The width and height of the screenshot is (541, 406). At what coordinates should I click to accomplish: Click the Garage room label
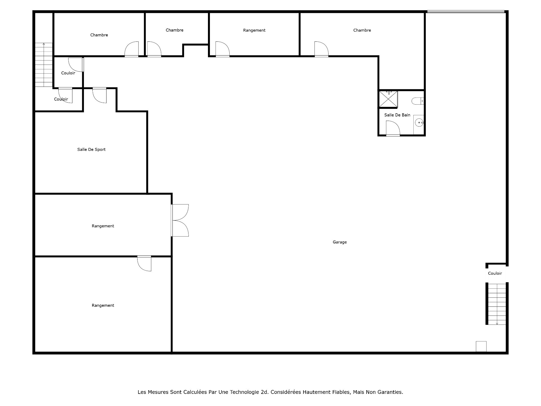pos(340,242)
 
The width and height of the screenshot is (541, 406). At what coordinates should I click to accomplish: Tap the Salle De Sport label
pos(91,149)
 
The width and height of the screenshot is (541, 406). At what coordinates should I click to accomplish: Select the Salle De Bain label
pos(397,115)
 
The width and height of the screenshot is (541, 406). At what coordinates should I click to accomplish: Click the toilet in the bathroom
pos(417,101)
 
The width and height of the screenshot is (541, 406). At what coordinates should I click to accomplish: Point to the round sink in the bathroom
pos(419,123)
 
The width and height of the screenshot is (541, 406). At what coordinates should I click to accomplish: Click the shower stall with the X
pos(388,99)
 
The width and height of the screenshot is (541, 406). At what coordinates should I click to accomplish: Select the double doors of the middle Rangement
pos(180,220)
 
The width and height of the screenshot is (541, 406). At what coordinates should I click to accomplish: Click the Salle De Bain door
pos(393,129)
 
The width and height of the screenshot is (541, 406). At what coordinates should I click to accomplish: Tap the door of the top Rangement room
pos(222,49)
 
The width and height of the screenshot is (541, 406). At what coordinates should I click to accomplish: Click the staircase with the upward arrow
pos(44,65)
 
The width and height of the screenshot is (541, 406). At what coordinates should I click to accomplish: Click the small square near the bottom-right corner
pos(481,347)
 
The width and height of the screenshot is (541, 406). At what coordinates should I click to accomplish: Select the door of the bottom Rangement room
pos(144,263)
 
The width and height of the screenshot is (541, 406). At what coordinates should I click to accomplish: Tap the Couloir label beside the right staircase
pos(495,273)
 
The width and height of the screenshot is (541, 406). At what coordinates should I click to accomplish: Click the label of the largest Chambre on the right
pos(362,30)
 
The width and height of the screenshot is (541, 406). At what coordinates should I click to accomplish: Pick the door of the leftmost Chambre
pos(132,49)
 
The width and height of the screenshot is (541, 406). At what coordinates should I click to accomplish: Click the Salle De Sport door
pos(99,95)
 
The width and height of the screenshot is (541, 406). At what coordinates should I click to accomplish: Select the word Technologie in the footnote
pos(244,392)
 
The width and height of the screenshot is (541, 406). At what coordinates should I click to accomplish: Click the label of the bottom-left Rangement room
pos(103,305)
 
